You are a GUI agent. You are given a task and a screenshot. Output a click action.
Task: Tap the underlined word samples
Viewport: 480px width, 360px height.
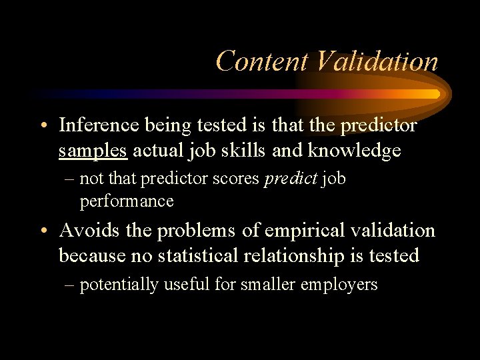tap(93, 151)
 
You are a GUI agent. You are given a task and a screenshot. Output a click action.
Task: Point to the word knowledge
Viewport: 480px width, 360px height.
tap(354, 151)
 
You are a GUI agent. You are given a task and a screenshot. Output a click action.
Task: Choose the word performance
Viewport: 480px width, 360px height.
tap(127, 201)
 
